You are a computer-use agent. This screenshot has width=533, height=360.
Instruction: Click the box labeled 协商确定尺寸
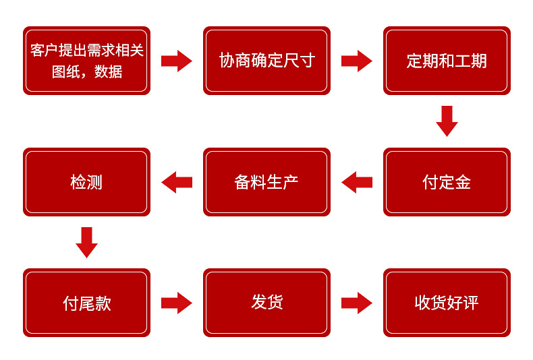click(267, 61)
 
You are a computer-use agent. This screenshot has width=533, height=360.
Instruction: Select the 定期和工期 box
click(447, 61)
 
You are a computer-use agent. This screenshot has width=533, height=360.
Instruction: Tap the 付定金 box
click(447, 182)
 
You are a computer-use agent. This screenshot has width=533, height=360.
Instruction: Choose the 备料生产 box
click(267, 182)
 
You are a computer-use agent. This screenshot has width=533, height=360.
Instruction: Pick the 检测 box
click(86, 182)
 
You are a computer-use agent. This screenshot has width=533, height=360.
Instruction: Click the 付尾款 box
click(86, 303)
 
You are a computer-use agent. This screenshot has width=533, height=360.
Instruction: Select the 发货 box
click(267, 303)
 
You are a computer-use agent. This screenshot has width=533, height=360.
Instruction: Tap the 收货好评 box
click(447, 303)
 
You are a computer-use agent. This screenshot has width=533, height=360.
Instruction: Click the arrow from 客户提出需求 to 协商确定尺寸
click(177, 61)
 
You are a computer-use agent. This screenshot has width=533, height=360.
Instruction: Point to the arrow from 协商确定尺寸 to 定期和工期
click(357, 61)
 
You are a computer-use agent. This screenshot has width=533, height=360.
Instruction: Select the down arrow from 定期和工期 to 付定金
click(447, 121)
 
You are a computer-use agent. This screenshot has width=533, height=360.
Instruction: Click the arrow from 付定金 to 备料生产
click(357, 183)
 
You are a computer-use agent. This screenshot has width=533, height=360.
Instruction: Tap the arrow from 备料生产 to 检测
click(177, 183)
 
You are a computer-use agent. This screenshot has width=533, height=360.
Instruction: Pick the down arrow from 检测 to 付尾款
click(86, 243)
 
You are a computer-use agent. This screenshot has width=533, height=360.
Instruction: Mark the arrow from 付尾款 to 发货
click(177, 303)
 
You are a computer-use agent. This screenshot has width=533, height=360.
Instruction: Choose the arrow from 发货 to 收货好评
click(357, 303)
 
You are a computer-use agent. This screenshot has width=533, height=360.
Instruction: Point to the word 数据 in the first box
click(108, 71)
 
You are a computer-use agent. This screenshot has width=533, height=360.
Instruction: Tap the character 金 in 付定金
click(463, 182)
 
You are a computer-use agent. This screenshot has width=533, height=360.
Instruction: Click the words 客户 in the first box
click(44, 51)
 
